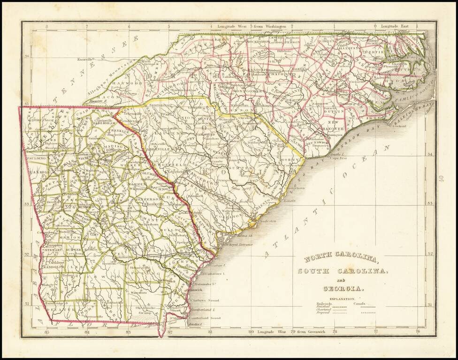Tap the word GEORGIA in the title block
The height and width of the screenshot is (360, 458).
pos(342,288)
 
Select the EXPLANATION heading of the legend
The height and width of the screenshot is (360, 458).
pos(342,299)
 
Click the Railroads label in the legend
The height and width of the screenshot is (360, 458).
pos(324,304)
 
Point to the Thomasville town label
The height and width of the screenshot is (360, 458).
pos(87,317)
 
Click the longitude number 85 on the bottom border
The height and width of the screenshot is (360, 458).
pos(46,332)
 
